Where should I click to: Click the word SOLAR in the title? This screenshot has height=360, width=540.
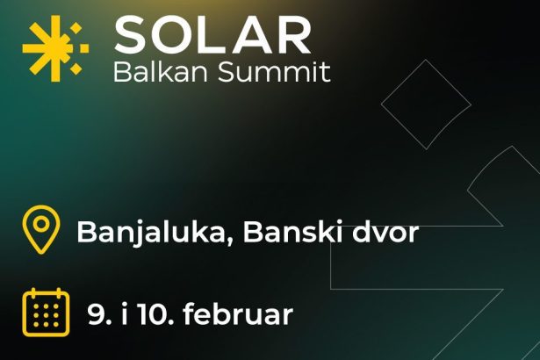tap(212, 35)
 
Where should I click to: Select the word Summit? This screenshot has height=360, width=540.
tap(275, 72)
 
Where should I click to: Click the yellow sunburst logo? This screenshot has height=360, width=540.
tap(55, 48)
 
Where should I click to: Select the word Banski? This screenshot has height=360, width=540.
tap(292, 232)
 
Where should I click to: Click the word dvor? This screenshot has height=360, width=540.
tap(385, 232)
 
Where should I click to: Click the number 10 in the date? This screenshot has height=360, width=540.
tap(155, 314)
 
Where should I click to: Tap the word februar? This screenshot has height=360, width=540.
tap(238, 313)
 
